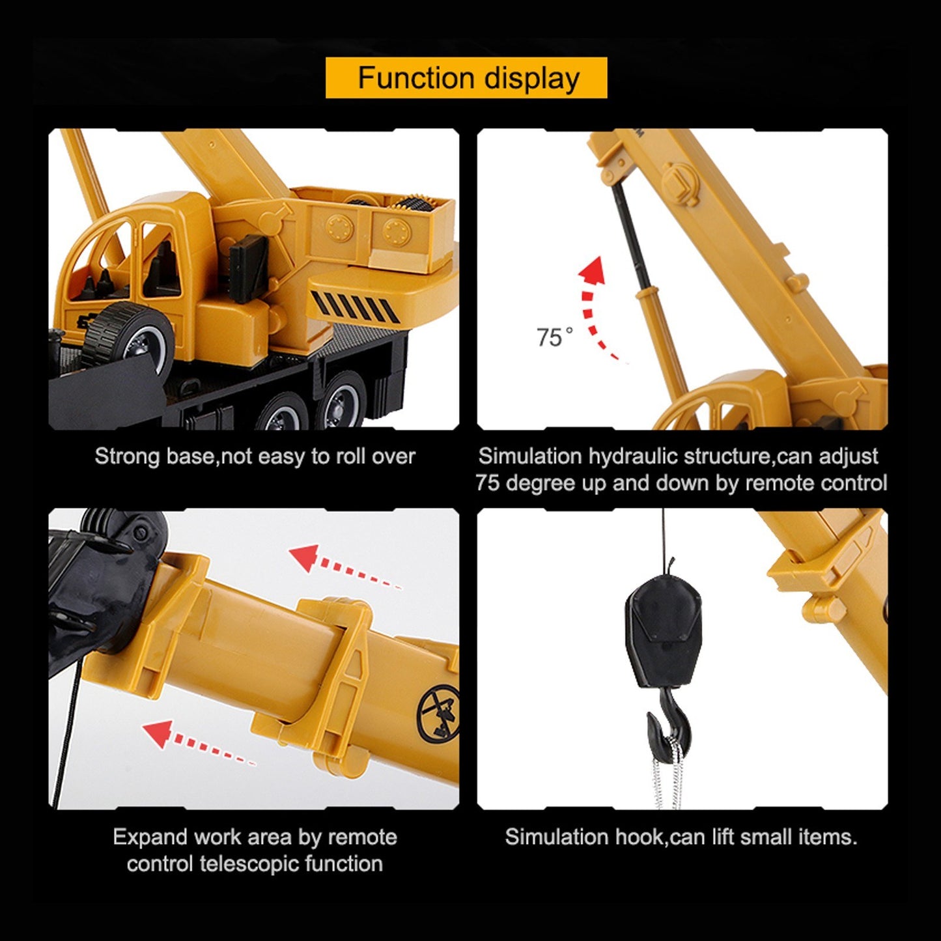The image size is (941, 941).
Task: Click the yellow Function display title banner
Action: tap(466, 77)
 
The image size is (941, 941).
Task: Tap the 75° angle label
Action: tap(555, 337)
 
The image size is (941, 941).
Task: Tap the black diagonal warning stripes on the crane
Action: tap(356, 307)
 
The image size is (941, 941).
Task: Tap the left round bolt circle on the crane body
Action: tap(340, 227)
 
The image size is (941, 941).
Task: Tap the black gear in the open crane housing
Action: tap(415, 203)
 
